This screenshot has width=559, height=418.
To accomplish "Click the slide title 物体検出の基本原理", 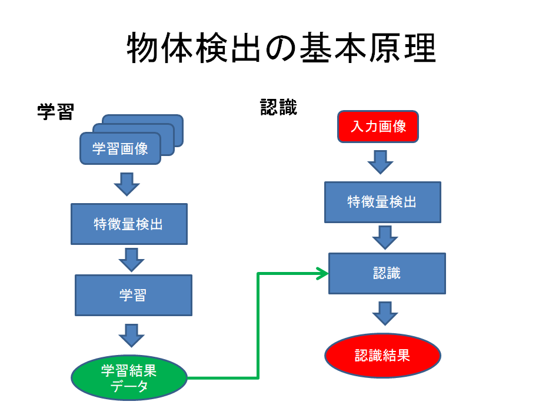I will [x=281, y=48].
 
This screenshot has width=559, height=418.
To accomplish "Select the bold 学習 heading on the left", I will [x=55, y=111].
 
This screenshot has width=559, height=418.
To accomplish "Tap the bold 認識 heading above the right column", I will [x=279, y=107].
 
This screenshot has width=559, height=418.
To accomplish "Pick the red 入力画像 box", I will [x=378, y=127].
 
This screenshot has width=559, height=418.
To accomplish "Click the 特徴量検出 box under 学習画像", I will [x=129, y=224].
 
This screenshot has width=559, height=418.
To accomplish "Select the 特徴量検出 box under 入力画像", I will [x=382, y=202].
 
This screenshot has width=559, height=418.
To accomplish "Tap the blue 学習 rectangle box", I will [x=133, y=295].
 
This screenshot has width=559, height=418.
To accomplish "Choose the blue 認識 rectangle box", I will [x=387, y=273].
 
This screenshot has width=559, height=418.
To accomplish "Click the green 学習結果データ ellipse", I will [x=129, y=378].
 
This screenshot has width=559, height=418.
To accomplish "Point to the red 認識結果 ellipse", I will [x=382, y=356].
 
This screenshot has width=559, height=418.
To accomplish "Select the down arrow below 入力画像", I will [x=380, y=162].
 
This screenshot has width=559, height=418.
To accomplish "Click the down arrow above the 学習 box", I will [x=131, y=260].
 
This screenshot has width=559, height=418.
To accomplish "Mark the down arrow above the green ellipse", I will [x=131, y=336].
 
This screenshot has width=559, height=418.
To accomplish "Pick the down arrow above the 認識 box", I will [x=385, y=237].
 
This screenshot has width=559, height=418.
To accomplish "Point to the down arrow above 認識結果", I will [x=385, y=313].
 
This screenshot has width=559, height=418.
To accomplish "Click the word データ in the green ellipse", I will [x=129, y=386].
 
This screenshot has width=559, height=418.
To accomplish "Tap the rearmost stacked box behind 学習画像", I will [x=171, y=120].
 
